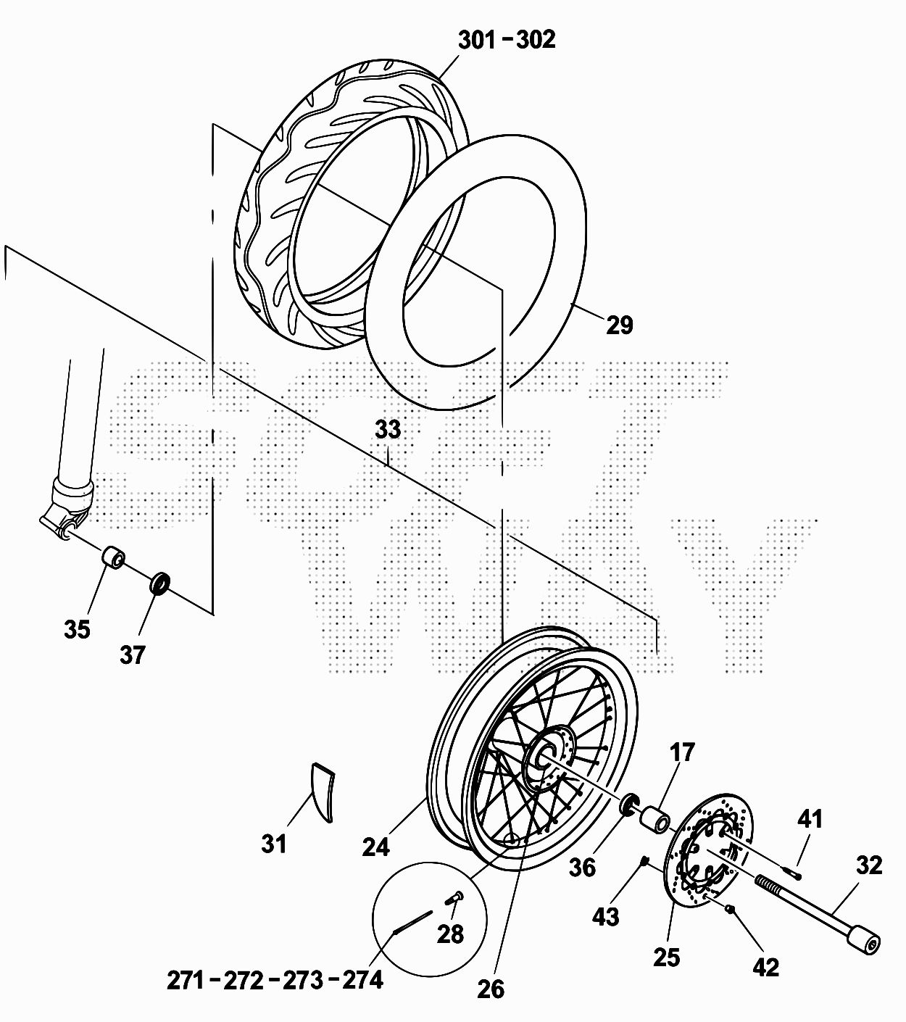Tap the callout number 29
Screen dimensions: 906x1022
[620, 325]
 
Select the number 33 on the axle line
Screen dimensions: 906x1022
[388, 429]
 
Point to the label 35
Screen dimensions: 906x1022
[77, 629]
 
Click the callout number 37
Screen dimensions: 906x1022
[133, 655]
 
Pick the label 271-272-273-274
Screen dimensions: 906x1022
[275, 980]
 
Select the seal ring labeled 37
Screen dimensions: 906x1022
[160, 583]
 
